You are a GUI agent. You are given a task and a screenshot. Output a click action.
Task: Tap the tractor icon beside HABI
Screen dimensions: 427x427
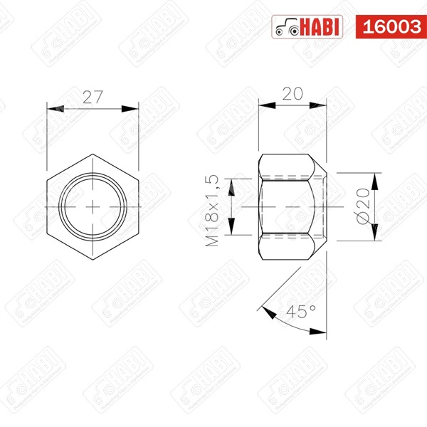click(286, 27)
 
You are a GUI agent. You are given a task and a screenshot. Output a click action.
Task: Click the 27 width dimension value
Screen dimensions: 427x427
click(93, 98)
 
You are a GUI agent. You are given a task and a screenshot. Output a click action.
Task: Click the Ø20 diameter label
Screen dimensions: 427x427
click(362, 207)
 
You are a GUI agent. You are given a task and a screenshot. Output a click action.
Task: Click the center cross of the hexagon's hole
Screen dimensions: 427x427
click(93, 205)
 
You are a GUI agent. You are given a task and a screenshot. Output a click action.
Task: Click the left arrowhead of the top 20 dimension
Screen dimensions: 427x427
click(263, 105)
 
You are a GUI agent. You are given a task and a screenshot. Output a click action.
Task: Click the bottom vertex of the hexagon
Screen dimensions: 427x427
click(93, 258)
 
